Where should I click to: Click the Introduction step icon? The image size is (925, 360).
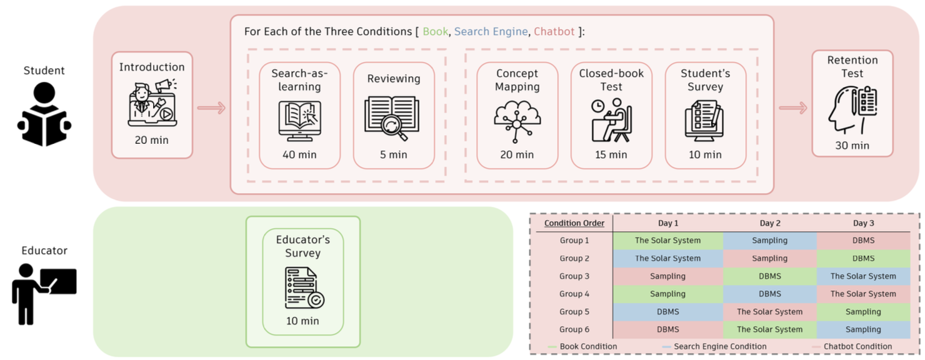coord(152,102)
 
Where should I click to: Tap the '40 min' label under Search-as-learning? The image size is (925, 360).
coord(299,154)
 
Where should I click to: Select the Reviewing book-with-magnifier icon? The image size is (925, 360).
coord(393,118)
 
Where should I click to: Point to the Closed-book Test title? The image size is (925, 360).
coord(611,79)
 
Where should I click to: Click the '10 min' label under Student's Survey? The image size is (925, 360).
coord(705,154)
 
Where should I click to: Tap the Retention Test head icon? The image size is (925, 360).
coord(852,110)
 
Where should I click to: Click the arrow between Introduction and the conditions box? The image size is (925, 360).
coord(211,108)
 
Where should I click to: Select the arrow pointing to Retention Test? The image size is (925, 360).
coord(792,108)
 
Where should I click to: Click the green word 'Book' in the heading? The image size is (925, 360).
coord(435,31)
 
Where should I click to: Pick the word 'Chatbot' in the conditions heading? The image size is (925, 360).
coord(554,31)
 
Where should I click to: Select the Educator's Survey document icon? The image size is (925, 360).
coord(303,287)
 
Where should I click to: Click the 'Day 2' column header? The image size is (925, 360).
coord(769,223)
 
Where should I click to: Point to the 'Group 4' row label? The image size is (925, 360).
coord(574,294)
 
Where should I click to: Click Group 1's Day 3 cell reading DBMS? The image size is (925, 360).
coord(863,241)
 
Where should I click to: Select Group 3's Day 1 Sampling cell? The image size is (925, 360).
coord(667,276)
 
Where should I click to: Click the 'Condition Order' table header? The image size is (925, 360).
coord(574,223)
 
